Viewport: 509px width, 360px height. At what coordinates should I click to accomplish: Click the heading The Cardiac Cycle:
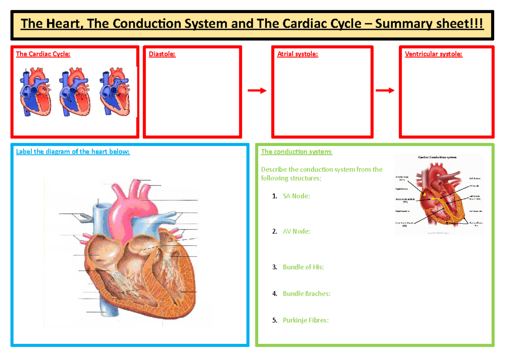coord(43,54)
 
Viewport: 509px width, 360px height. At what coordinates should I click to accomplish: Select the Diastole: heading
coord(162,54)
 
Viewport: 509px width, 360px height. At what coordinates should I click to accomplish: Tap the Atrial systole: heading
coord(297,54)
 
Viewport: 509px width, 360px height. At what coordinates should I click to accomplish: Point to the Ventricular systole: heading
coord(433,54)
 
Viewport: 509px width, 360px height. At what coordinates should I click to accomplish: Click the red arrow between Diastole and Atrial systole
coord(257,90)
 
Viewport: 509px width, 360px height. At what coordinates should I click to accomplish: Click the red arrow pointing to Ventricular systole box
coord(385,90)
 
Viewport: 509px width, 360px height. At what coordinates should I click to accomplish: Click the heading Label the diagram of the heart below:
coord(73,152)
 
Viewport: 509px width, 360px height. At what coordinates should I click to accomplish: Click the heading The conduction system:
coord(296,152)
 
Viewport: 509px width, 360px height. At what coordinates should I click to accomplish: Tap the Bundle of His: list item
coord(303,267)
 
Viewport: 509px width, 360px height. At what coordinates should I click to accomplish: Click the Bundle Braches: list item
coord(306,293)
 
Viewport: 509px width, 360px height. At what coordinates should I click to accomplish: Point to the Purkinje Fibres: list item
coord(305,320)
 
